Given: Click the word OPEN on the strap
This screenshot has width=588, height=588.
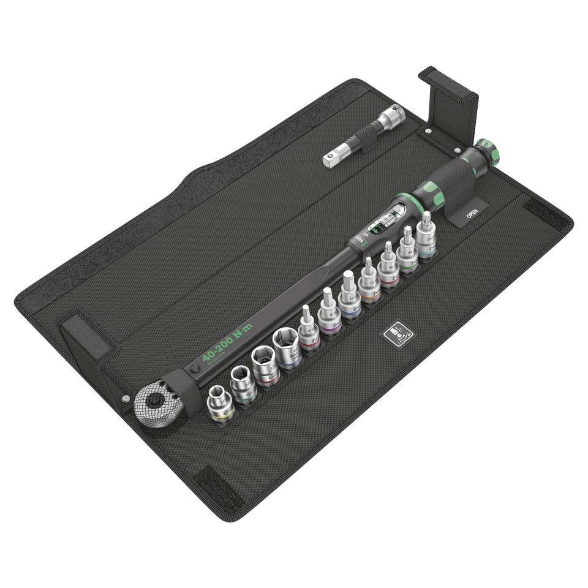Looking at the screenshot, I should pyautogui.click(x=472, y=213).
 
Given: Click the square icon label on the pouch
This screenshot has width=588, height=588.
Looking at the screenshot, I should pyautogui.click(x=398, y=334).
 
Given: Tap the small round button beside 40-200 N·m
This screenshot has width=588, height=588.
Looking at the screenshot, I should pyautogui.click(x=194, y=369).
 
